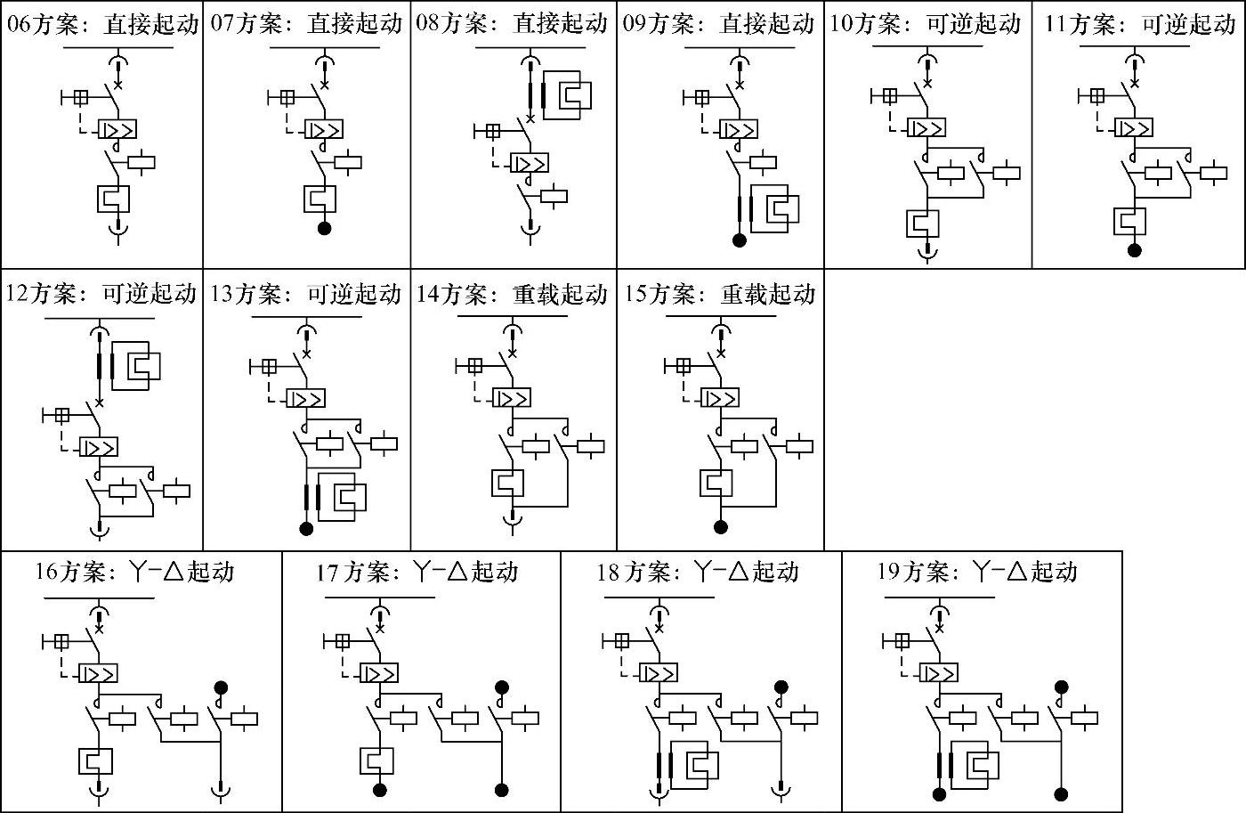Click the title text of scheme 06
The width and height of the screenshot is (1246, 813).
[103, 24]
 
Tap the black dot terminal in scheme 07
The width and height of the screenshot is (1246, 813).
[324, 228]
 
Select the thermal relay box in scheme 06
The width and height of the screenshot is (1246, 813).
[114, 199]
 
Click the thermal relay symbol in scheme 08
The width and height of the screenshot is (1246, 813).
[568, 95]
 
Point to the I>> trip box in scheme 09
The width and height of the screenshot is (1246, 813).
[738, 130]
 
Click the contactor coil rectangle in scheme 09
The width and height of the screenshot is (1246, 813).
[764, 162]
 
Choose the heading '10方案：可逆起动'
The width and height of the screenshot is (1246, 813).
[926, 24]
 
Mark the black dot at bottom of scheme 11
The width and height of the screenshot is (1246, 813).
[1134, 250]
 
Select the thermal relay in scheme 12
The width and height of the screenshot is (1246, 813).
[136, 366]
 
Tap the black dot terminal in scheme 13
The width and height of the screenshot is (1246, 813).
[306, 529]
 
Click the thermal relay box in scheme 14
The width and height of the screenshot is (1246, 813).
[508, 483]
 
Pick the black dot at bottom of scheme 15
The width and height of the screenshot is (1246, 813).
[720, 526]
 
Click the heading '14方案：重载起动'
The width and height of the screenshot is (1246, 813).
[512, 294]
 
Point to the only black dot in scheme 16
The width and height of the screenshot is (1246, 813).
[221, 687]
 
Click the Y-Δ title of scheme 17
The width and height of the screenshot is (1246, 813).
[417, 572]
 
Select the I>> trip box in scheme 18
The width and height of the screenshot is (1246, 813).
[659, 673]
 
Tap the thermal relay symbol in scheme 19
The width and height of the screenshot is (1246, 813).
[975, 765]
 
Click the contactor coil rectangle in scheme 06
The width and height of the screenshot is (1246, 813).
[142, 162]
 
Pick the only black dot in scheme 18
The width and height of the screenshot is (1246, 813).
[781, 687]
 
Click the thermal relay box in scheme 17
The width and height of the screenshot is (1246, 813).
[376, 760]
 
